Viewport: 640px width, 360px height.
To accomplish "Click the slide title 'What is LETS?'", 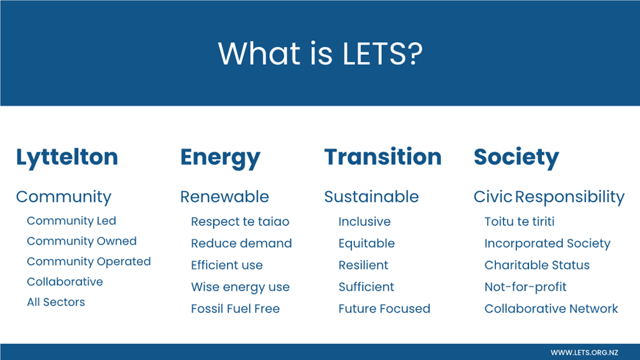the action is pyautogui.click(x=321, y=54).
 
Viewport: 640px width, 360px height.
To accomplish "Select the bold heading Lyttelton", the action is pyautogui.click(x=67, y=158).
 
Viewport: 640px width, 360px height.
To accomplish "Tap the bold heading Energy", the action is pyautogui.click(x=221, y=158).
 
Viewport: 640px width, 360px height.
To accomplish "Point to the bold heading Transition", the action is pyautogui.click(x=383, y=157).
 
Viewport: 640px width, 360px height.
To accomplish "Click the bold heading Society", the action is pyautogui.click(x=516, y=158).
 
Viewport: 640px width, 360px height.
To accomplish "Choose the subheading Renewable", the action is pyautogui.click(x=224, y=197).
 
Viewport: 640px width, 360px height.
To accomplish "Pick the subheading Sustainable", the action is pyautogui.click(x=372, y=197).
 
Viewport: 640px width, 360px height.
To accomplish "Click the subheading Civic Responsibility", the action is pyautogui.click(x=549, y=197).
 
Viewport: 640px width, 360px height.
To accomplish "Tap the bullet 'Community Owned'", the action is pyautogui.click(x=82, y=241).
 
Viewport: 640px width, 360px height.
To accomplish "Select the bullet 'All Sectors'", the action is pyautogui.click(x=56, y=302).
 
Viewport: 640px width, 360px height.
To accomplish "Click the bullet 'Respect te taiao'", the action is pyautogui.click(x=240, y=222).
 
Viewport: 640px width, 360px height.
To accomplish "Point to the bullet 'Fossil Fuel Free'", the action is pyautogui.click(x=235, y=308).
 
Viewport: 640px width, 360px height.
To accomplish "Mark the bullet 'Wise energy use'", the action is pyautogui.click(x=240, y=287).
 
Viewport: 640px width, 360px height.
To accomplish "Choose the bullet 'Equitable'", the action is pyautogui.click(x=367, y=243).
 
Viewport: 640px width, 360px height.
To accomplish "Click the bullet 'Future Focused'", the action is pyautogui.click(x=384, y=308).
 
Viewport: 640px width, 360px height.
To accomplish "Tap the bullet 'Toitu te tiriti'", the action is pyautogui.click(x=520, y=222).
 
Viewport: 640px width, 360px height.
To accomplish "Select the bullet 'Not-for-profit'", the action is pyautogui.click(x=526, y=287).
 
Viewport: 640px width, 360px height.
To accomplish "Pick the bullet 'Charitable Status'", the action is pyautogui.click(x=537, y=265).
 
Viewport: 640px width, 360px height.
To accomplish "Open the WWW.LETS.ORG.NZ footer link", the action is pyautogui.click(x=584, y=352).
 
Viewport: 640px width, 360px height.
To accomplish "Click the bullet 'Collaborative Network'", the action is pyautogui.click(x=551, y=308).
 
